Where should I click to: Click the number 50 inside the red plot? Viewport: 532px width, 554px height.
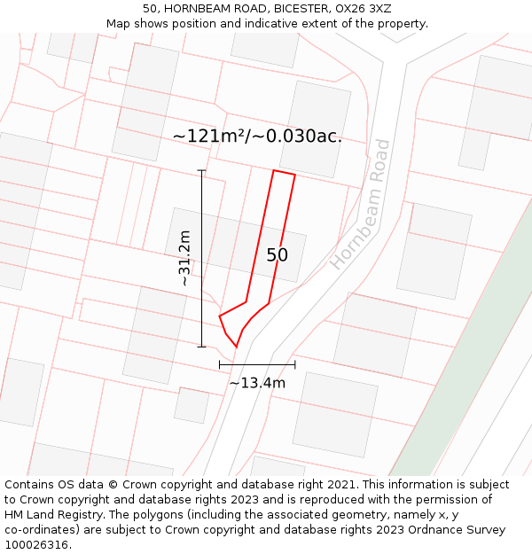[277, 255]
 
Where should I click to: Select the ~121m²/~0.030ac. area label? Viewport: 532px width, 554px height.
[257, 136]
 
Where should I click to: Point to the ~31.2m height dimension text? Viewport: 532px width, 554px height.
[184, 258]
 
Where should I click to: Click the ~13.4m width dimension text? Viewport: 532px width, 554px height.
[257, 383]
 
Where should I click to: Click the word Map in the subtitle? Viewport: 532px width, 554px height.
[118, 23]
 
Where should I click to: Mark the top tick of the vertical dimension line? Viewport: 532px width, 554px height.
[201, 170]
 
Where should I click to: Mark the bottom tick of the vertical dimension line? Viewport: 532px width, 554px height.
[201, 347]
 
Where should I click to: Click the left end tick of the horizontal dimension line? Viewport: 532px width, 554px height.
[220, 364]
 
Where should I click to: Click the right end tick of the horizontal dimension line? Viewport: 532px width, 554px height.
[295, 364]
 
